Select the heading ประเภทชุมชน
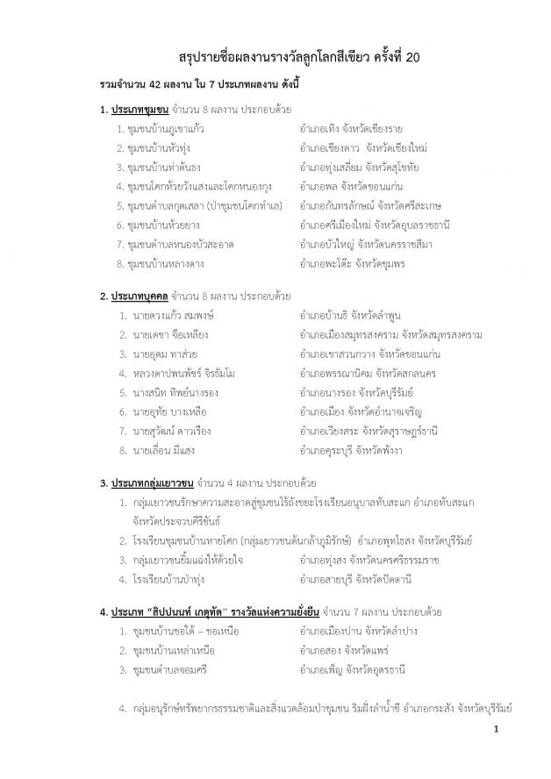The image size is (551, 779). coord(139,110)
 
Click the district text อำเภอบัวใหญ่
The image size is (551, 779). coord(326,244)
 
